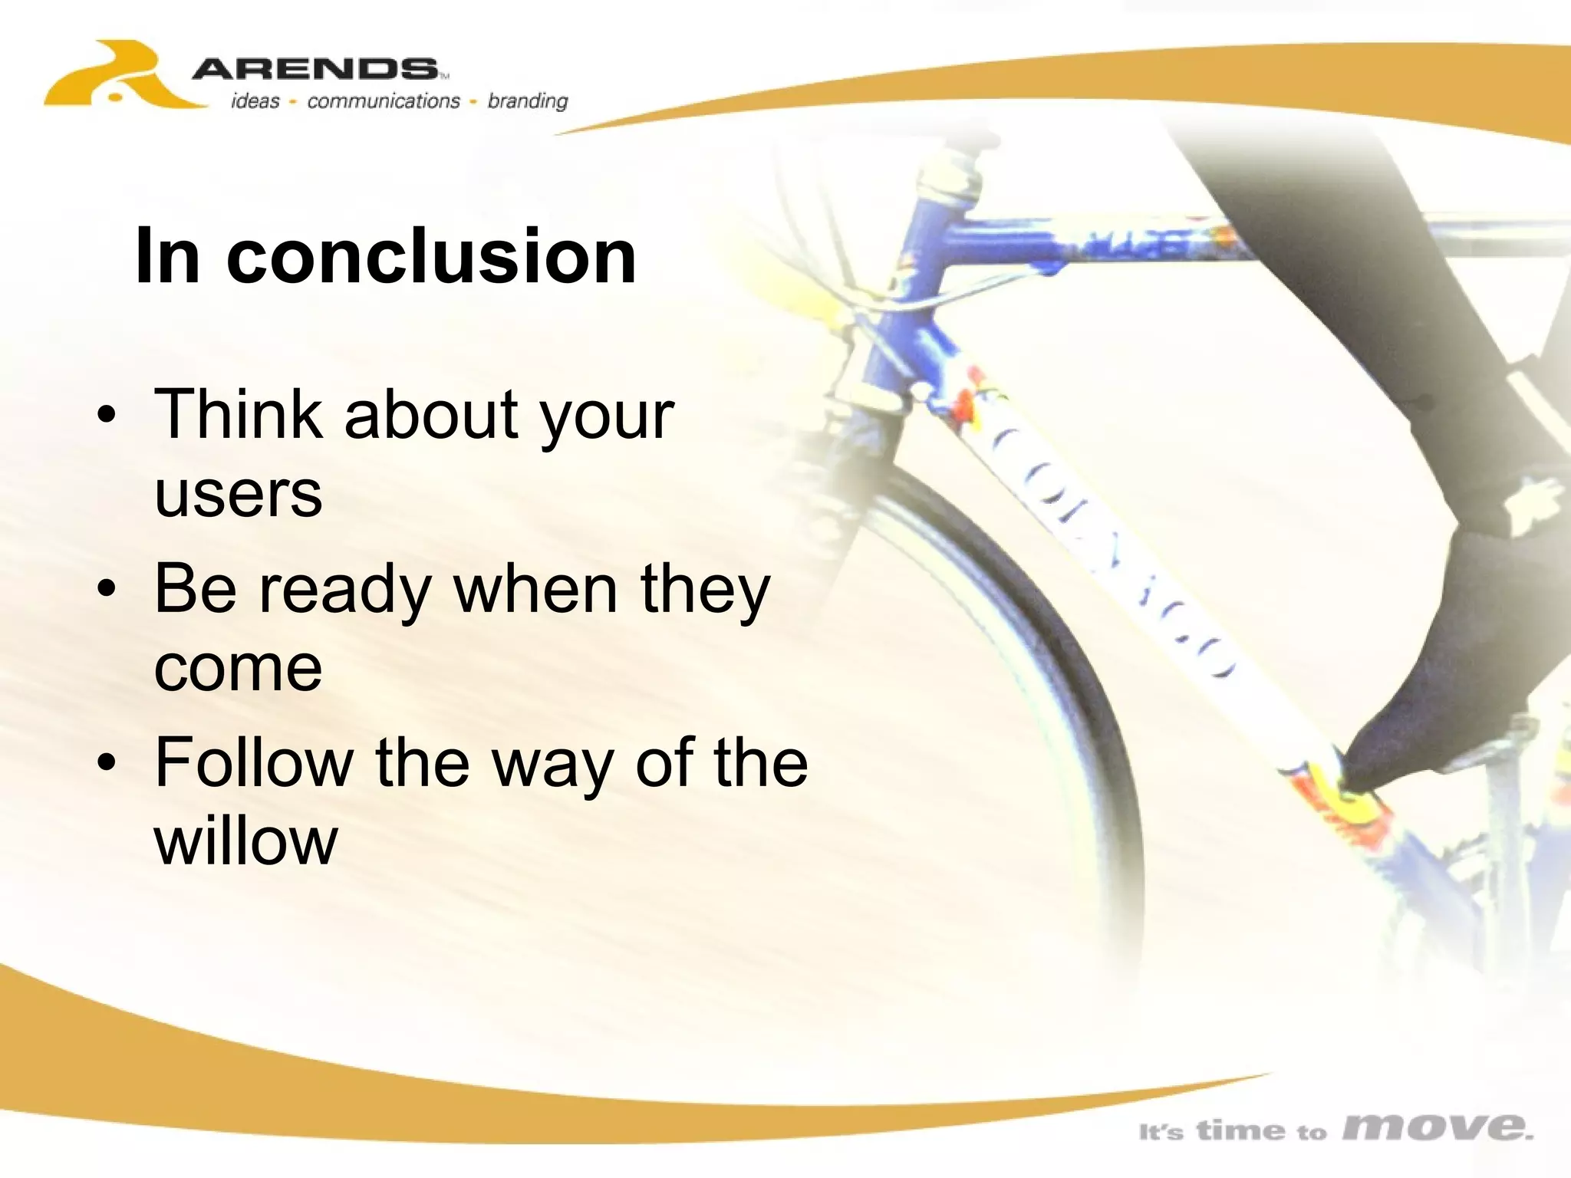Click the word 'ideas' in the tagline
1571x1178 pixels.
pyautogui.click(x=255, y=101)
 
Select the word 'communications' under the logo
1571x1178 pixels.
pyautogui.click(x=384, y=101)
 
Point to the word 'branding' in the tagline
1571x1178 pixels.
pyautogui.click(x=528, y=101)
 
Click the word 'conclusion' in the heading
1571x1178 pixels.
pyautogui.click(x=431, y=256)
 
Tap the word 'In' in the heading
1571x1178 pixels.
pyautogui.click(x=167, y=256)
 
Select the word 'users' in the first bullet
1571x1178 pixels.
pyautogui.click(x=238, y=495)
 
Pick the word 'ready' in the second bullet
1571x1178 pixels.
pyautogui.click(x=345, y=591)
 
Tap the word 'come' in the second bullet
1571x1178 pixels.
pyautogui.click(x=238, y=669)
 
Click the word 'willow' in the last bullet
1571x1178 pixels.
pyautogui.click(x=245, y=842)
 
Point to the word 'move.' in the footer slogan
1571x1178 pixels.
pyautogui.click(x=1438, y=1127)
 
